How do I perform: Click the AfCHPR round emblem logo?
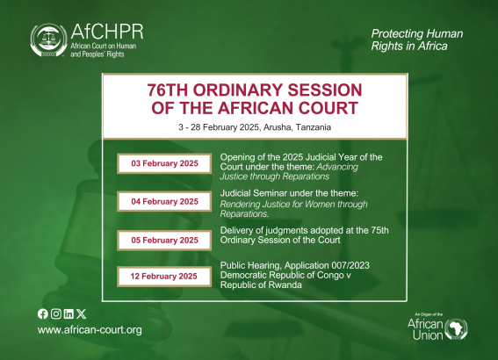click(48, 40)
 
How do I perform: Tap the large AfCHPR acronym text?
click(107, 32)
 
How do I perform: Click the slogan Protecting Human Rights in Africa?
click(417, 40)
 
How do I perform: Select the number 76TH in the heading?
click(168, 90)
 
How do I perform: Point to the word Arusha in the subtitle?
click(277, 127)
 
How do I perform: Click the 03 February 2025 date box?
click(164, 163)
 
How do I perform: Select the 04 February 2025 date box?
click(164, 202)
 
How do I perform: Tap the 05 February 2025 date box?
click(164, 241)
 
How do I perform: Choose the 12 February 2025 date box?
click(164, 277)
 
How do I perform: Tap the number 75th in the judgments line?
click(379, 230)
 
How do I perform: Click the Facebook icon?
click(43, 314)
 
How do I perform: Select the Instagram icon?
click(56, 314)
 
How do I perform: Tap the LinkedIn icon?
click(69, 314)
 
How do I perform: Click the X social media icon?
click(82, 314)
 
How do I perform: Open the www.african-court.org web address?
click(90, 330)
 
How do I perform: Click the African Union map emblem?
click(456, 329)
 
